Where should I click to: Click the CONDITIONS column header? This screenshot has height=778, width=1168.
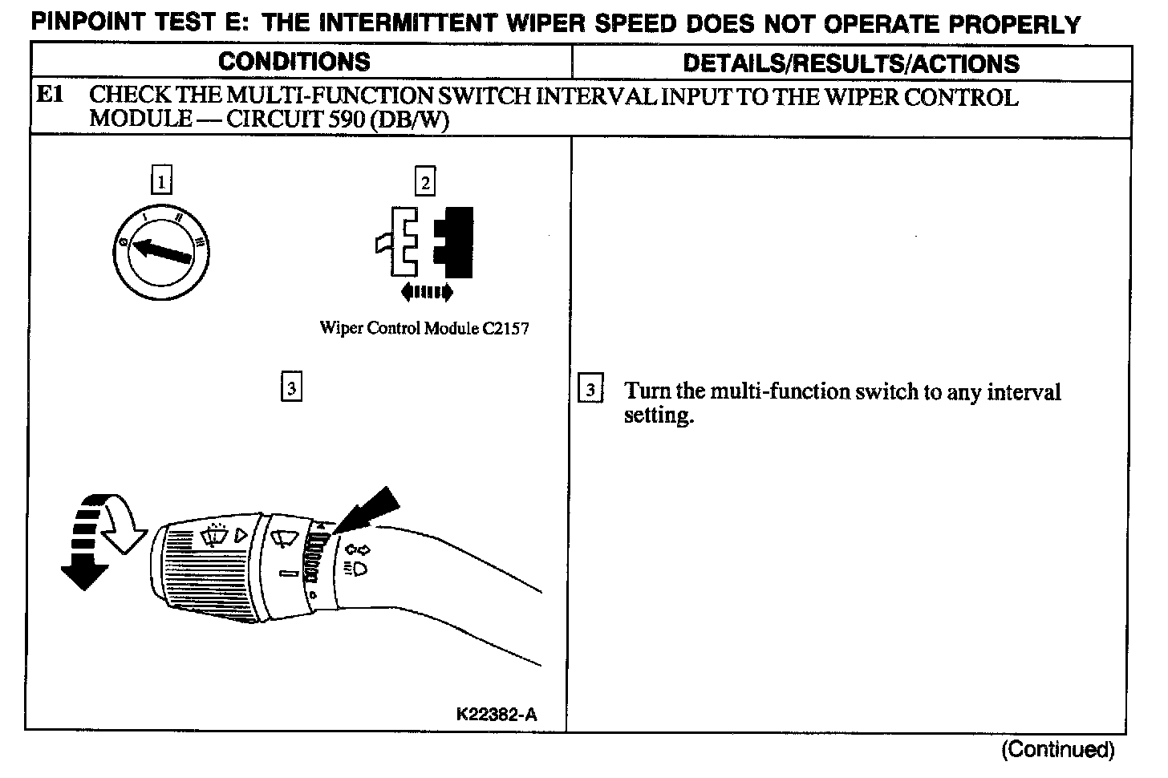(294, 62)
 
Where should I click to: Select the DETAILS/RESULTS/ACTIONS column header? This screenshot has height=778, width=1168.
(850, 63)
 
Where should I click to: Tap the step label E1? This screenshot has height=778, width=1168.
(51, 95)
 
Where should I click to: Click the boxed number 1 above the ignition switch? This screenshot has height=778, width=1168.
(161, 181)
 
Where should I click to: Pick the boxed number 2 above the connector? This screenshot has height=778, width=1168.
(424, 182)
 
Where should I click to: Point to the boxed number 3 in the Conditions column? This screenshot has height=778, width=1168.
(291, 388)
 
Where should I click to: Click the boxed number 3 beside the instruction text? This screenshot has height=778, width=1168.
(590, 391)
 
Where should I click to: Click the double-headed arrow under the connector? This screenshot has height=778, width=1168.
(426, 292)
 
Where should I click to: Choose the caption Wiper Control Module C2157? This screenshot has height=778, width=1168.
(424, 328)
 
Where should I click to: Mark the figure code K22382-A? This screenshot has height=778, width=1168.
(496, 714)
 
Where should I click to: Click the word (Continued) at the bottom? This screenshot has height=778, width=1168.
(1057, 749)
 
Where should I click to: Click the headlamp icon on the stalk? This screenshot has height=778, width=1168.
(356, 569)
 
